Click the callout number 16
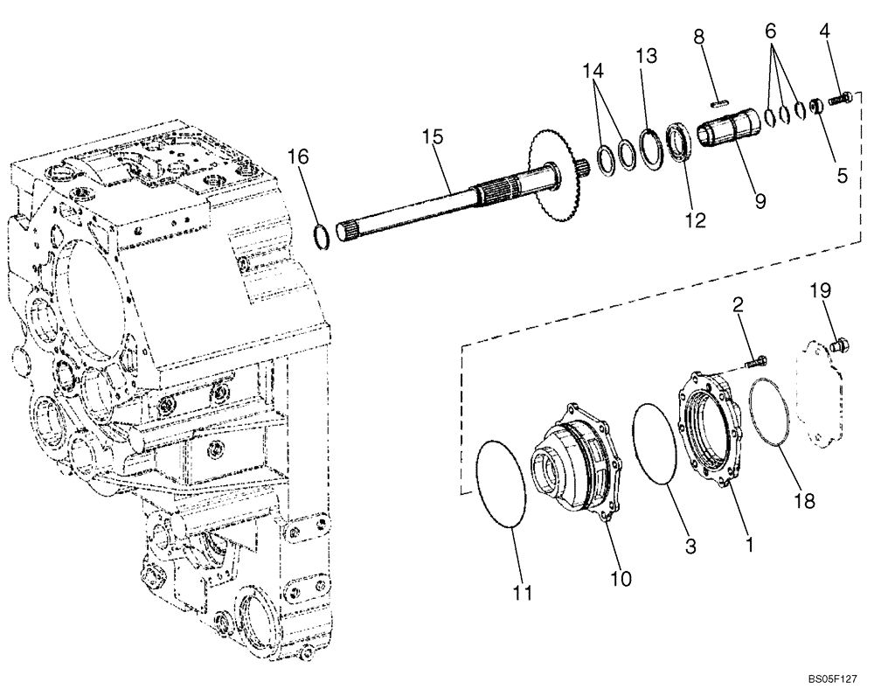pyautogui.click(x=298, y=157)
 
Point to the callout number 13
pyautogui.click(x=646, y=57)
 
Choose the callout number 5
pyautogui.click(x=843, y=175)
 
